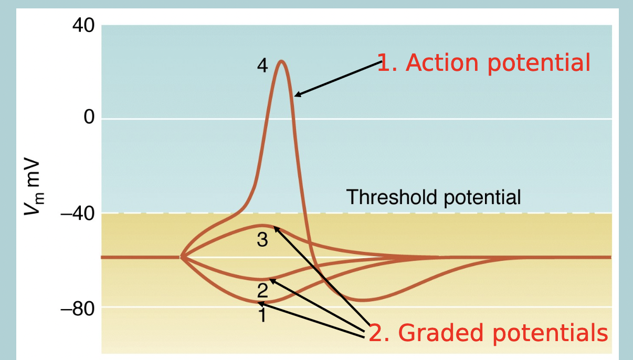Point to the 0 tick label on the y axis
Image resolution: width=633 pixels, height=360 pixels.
point(89,118)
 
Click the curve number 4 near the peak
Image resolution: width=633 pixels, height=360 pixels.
point(262,66)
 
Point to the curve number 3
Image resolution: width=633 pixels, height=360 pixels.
point(262,240)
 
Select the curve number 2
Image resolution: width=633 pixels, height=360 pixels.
point(262,288)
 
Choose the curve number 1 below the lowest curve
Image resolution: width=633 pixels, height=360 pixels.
point(262,315)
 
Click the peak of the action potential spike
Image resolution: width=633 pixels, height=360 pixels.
point(282,61)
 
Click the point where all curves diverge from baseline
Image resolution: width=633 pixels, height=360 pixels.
point(181,257)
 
